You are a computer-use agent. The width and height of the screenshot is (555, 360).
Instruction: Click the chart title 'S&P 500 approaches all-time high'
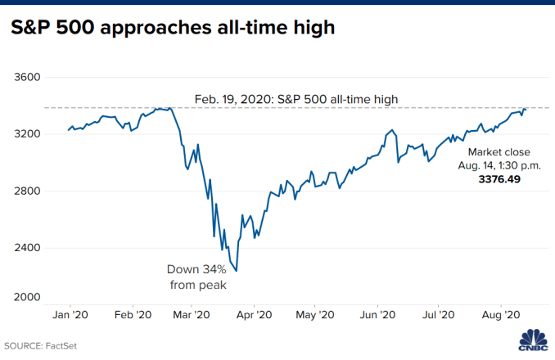[174, 29]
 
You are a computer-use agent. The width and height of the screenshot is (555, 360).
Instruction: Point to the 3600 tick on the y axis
[27, 78]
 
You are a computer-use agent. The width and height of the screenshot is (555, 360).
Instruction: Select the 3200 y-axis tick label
[27, 134]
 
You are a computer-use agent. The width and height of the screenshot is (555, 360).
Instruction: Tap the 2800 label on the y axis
[27, 191]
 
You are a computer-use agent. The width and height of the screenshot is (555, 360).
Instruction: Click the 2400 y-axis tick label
[27, 248]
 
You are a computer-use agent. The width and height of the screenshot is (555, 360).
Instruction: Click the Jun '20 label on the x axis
[378, 314]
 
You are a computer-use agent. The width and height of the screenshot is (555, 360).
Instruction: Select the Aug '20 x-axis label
[501, 314]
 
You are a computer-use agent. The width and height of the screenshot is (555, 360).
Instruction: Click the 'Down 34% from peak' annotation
[196, 277]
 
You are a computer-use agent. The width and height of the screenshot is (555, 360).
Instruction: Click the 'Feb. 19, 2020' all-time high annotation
[296, 99]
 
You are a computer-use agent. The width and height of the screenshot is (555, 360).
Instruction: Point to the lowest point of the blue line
[237, 271]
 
